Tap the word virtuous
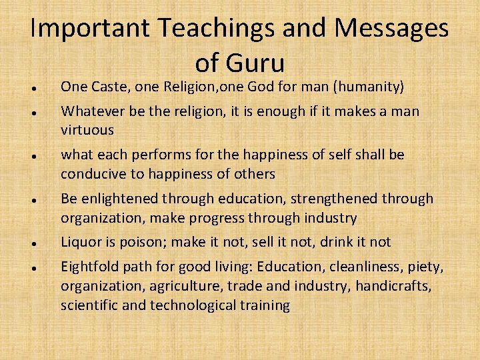coord(87,129)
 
